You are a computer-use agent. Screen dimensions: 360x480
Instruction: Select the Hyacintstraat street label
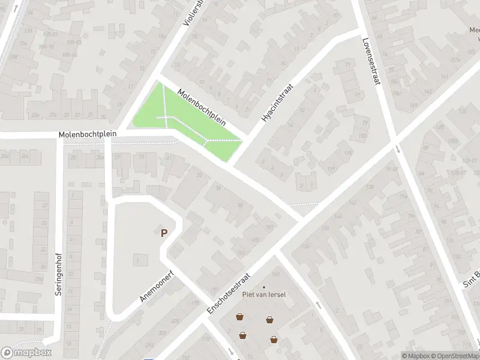[x=280, y=103]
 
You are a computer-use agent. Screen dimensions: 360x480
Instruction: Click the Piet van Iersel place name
[x=263, y=294]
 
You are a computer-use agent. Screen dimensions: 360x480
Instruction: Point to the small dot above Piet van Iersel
[x=263, y=287]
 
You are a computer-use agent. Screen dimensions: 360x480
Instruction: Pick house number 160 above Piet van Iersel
[x=259, y=274]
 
